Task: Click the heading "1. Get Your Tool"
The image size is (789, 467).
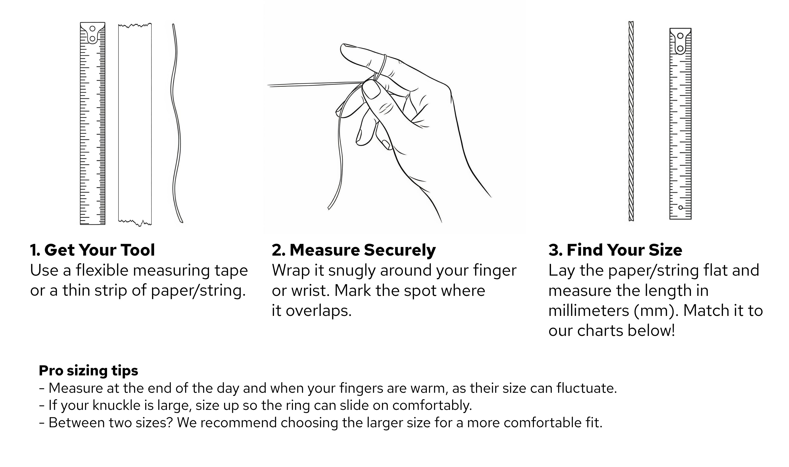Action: click(92, 250)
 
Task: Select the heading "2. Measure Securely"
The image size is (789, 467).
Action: click(354, 250)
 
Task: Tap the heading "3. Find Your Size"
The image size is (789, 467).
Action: click(615, 250)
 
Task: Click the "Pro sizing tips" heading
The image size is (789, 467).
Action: click(88, 370)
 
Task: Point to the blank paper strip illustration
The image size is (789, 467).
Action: click(135, 125)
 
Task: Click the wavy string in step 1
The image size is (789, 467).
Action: click(176, 124)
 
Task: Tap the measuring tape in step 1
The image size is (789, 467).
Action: click(92, 123)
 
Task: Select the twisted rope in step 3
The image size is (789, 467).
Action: click(631, 121)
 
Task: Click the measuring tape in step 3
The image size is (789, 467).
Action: click(680, 124)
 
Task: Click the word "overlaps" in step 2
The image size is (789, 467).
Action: click(318, 311)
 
